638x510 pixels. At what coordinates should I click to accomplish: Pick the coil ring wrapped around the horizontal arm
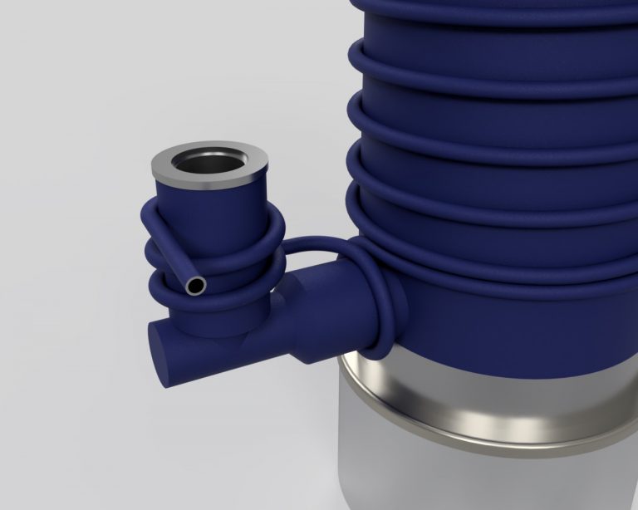pyautogui.click(x=390, y=307)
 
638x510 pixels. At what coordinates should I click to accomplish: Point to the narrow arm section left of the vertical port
pyautogui.click(x=179, y=345)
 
